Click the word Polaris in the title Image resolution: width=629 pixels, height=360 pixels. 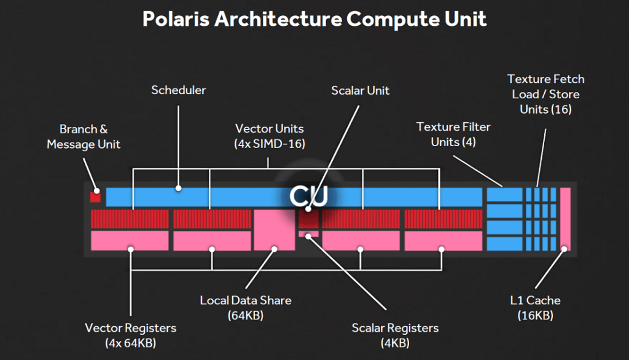pyautogui.click(x=176, y=19)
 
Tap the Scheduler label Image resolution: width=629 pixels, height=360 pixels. pyautogui.click(x=179, y=90)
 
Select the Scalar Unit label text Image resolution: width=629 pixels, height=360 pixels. pyautogui.click(x=360, y=90)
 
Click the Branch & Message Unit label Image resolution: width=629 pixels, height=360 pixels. pyautogui.click(x=84, y=136)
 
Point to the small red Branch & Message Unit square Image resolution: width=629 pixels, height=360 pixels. pyautogui.click(x=95, y=197)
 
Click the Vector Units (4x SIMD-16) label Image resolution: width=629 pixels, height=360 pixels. pyautogui.click(x=270, y=136)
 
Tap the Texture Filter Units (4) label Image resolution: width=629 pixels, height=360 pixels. pyautogui.click(x=453, y=134)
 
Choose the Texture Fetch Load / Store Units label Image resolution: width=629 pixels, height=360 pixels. pyautogui.click(x=545, y=94)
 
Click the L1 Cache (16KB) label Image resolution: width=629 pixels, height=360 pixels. pyautogui.click(x=535, y=308)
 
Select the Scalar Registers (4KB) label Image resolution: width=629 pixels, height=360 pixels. pyautogui.click(x=395, y=335)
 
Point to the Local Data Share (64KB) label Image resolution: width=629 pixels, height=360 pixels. pyautogui.click(x=246, y=308)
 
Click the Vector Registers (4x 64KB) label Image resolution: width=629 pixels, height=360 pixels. pyautogui.click(x=130, y=335)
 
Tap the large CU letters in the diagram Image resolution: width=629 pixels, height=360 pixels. pyautogui.click(x=308, y=196)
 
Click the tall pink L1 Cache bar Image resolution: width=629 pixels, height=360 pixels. pyautogui.click(x=565, y=219)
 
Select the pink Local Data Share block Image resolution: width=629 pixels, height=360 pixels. pyautogui.click(x=275, y=230)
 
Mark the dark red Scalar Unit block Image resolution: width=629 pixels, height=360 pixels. pyautogui.click(x=308, y=219)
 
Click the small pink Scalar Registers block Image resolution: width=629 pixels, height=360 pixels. pyautogui.click(x=308, y=233)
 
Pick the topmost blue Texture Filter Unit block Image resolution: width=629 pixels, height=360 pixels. pyautogui.click(x=505, y=195)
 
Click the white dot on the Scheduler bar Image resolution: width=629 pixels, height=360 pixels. pyautogui.click(x=179, y=188)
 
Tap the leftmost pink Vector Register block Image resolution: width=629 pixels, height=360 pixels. pyautogui.click(x=130, y=240)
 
